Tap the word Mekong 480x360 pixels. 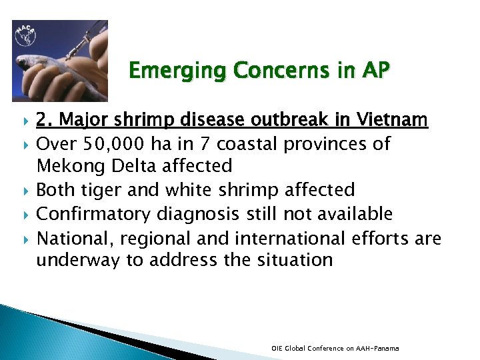(x=67, y=165)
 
